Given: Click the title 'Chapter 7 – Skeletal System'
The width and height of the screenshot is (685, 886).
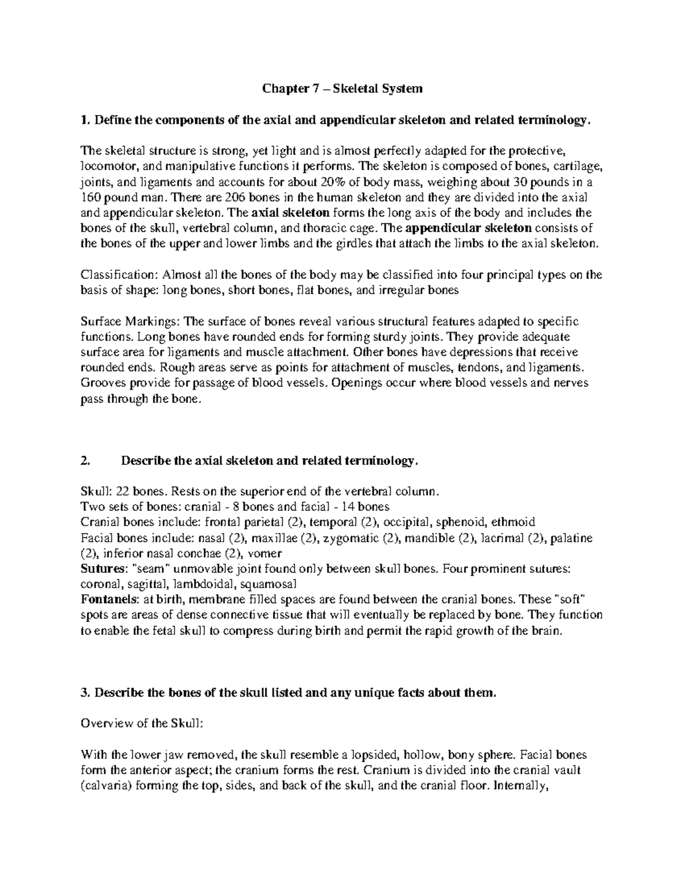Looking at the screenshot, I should tap(342, 88).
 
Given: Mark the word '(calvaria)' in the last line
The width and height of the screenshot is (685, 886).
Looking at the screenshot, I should tap(105, 785).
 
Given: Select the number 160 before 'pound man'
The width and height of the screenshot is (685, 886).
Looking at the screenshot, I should tap(90, 197).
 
